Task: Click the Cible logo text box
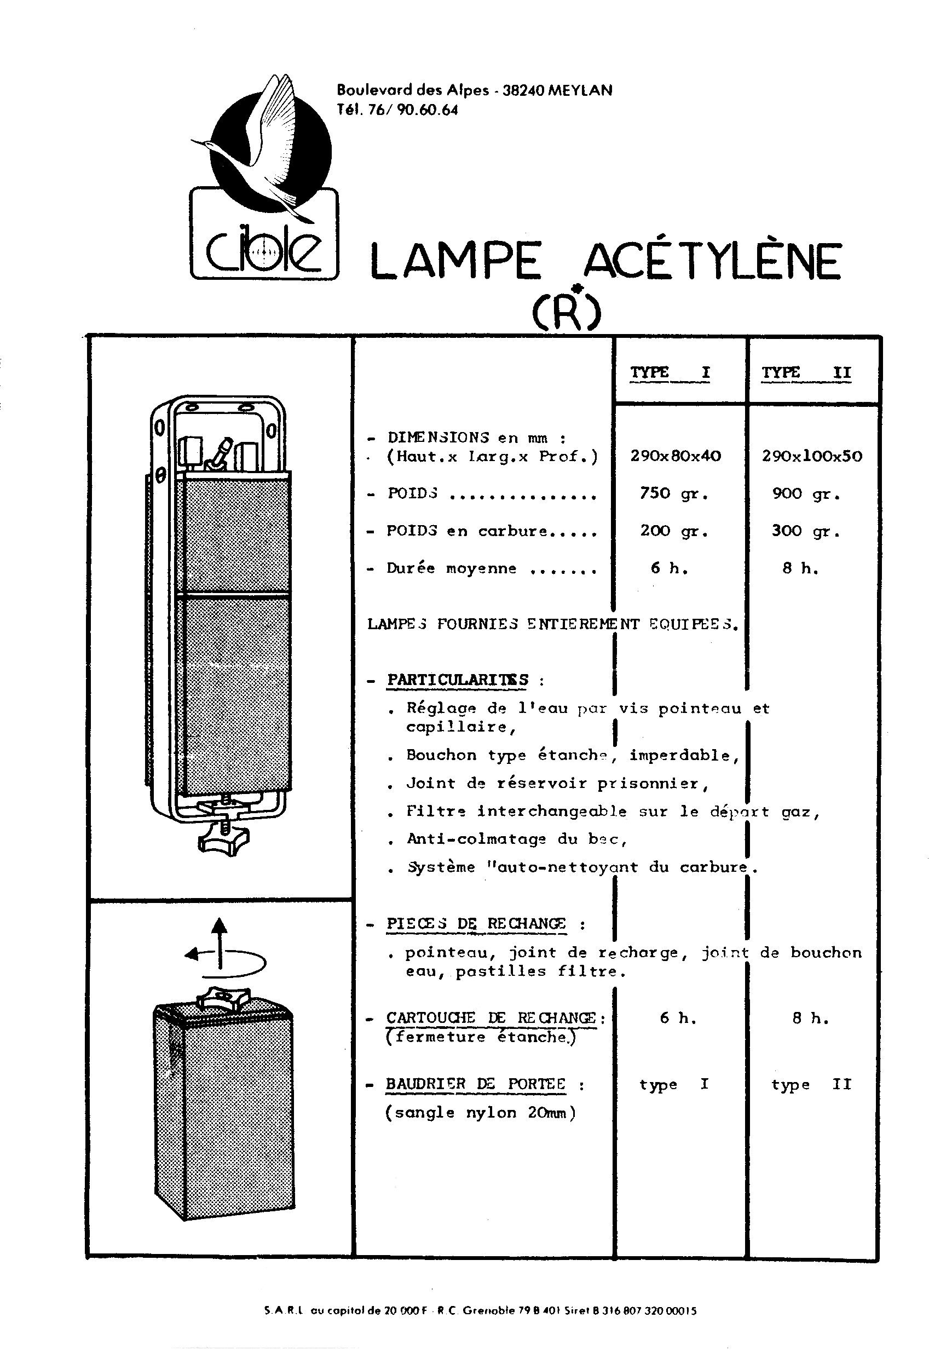click(264, 233)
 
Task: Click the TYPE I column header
click(670, 373)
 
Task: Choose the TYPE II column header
click(806, 373)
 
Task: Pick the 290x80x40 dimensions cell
click(676, 456)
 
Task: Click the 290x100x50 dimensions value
click(812, 456)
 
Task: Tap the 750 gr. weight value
click(674, 493)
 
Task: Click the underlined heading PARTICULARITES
click(458, 680)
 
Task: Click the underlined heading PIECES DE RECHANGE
click(476, 924)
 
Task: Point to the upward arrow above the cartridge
click(220, 943)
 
